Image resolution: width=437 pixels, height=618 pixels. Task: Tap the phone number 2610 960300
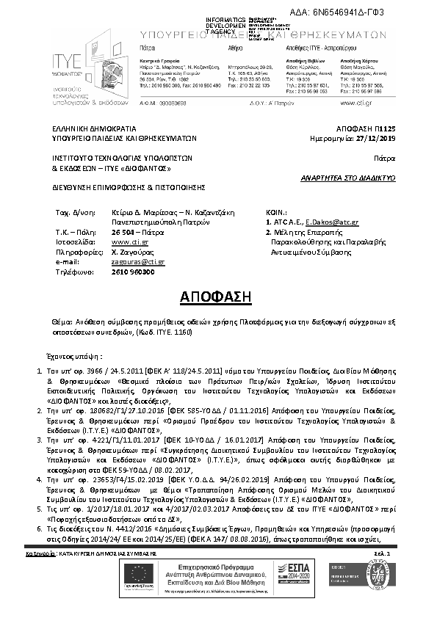pyautogui.click(x=133, y=272)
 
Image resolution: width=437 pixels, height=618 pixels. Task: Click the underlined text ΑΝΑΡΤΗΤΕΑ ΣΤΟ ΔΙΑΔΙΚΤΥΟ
pyautogui.click(x=349, y=178)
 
